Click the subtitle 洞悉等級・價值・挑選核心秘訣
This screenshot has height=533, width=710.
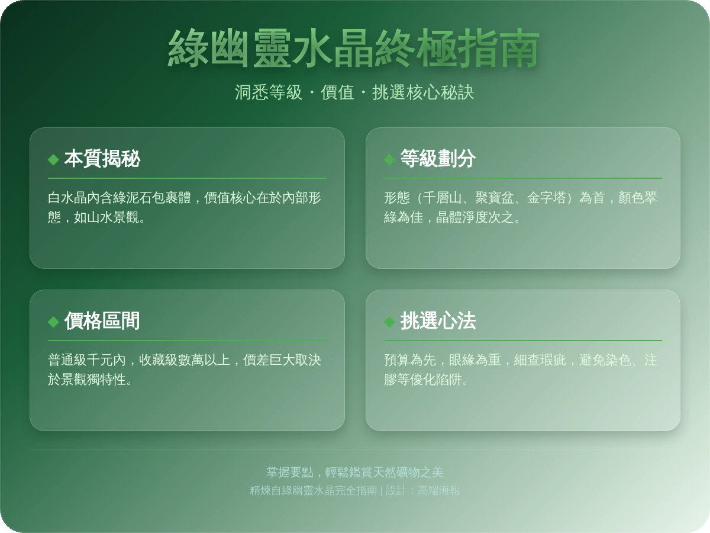tap(354, 92)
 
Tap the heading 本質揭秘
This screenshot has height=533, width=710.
tap(102, 159)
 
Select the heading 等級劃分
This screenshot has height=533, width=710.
tap(438, 159)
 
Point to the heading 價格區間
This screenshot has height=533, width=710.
tap(102, 321)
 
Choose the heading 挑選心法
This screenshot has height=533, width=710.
tap(438, 321)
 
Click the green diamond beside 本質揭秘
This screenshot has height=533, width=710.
tap(53, 159)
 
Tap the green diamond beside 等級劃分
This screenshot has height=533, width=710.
tap(389, 159)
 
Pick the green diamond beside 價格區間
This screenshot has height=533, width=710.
tap(53, 322)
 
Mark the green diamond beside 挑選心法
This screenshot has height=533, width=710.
tap(389, 322)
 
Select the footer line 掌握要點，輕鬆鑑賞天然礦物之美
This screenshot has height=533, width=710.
tap(354, 472)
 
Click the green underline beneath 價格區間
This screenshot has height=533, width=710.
tap(187, 341)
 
